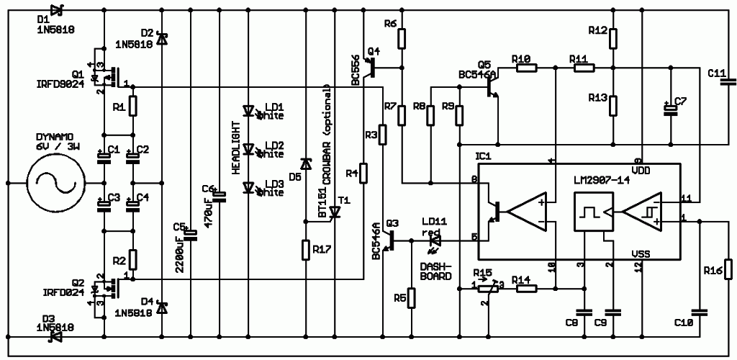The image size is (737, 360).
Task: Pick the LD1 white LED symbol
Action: (x=250, y=112)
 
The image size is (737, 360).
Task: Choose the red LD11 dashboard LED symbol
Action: (x=433, y=243)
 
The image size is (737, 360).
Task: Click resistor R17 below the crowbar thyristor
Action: (x=306, y=251)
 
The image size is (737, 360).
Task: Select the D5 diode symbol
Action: (x=305, y=165)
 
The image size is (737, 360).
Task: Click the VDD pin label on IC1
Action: (x=641, y=170)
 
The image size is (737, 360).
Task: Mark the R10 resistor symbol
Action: (x=525, y=68)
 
